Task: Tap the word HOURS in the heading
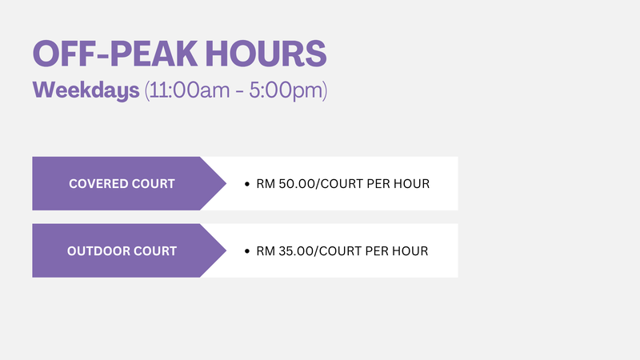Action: click(266, 54)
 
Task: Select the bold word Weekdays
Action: click(86, 90)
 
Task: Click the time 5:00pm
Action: click(286, 90)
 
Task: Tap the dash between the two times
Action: click(239, 91)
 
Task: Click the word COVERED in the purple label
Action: click(95, 184)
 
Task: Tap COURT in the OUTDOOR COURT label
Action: click(154, 250)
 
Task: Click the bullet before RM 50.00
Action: click(246, 184)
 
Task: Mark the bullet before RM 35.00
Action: click(246, 251)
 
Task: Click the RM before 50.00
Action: click(266, 184)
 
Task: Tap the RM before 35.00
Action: click(266, 250)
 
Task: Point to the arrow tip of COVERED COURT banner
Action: click(226, 184)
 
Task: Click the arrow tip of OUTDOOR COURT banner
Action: click(226, 250)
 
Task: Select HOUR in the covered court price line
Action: click(411, 184)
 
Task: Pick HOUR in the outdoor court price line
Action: click(410, 250)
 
